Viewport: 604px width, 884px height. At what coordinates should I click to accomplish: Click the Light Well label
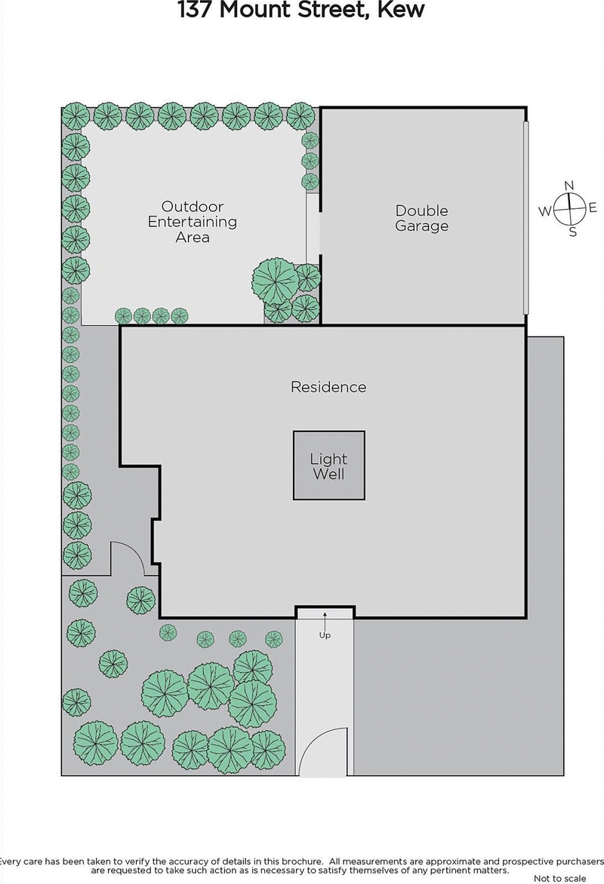coord(328,466)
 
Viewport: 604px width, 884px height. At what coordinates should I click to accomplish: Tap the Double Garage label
coord(421,218)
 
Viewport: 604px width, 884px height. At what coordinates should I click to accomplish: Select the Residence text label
coord(328,387)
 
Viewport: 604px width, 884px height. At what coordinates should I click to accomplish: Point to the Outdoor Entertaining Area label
coord(192,222)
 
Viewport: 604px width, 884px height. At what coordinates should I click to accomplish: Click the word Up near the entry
coord(325,635)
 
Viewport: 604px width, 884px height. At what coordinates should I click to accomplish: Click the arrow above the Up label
coord(325,620)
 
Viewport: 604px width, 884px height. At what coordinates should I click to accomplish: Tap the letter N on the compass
coord(570,186)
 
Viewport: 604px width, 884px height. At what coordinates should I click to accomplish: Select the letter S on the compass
coord(572,232)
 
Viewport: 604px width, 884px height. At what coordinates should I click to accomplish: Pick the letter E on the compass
coord(593,208)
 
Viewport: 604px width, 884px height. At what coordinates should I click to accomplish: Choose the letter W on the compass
coord(544,211)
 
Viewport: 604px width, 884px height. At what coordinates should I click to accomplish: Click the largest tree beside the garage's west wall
coord(274,279)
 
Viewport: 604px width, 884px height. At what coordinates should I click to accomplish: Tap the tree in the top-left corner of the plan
coord(75,116)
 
